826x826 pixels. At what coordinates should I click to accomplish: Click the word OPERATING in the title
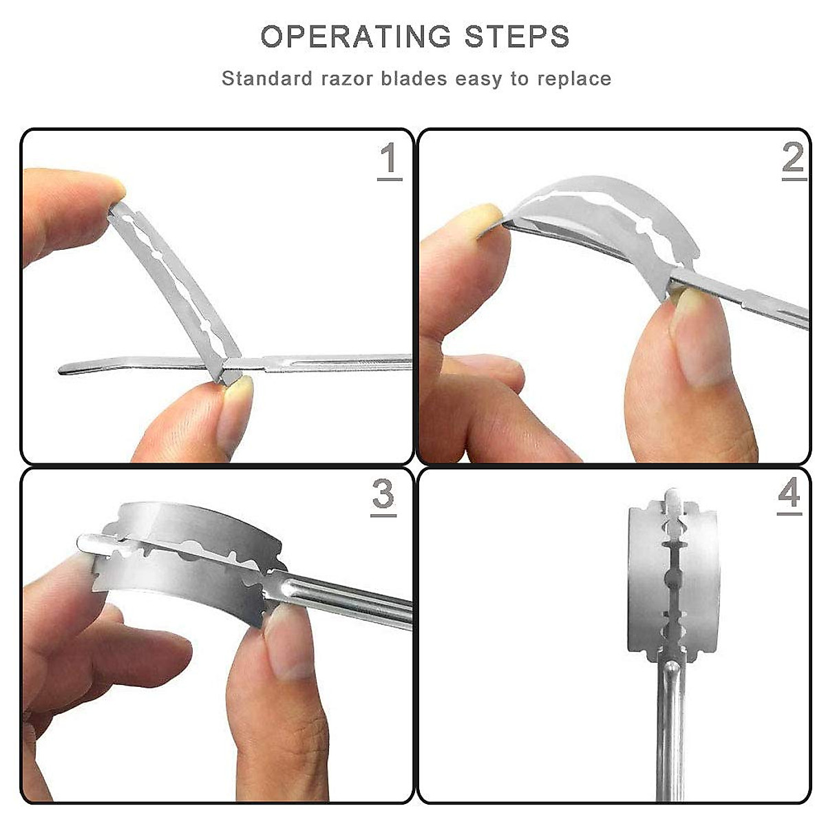pos(356,36)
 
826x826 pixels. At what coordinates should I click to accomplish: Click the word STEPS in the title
pos(517,36)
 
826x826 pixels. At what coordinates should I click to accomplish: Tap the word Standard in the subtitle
pos(266,79)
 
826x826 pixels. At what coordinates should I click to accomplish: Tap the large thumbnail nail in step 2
pos(703,339)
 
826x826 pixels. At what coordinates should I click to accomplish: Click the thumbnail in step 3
pos(288,639)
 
